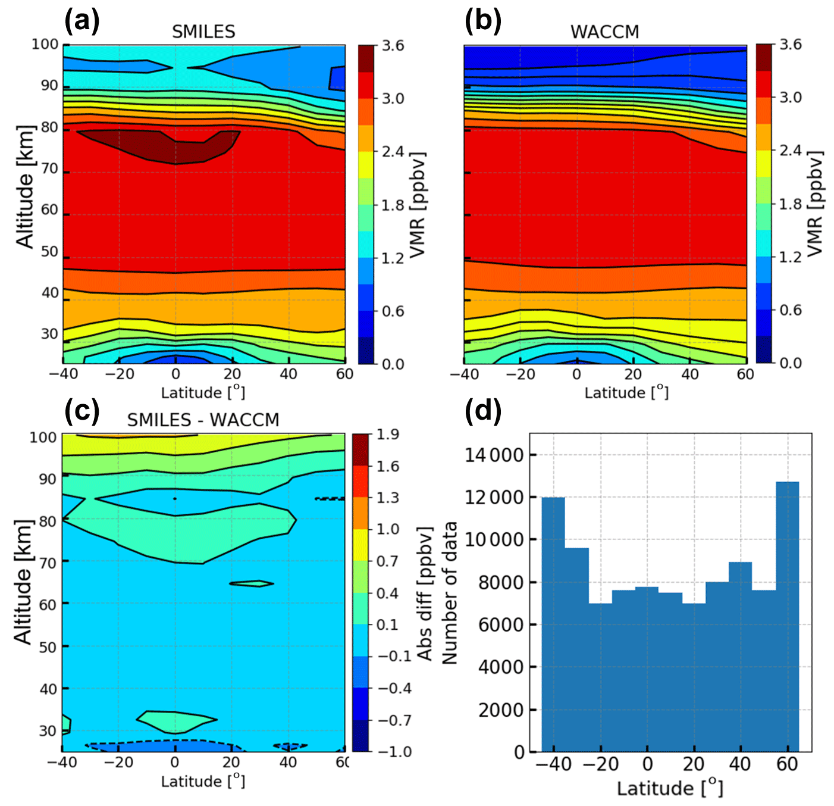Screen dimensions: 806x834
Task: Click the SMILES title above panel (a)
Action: (x=203, y=32)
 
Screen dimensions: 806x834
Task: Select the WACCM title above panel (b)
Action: (x=604, y=32)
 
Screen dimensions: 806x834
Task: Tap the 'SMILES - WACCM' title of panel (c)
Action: (x=203, y=420)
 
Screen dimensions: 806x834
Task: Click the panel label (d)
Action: (x=482, y=410)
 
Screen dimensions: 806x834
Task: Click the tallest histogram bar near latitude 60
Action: (x=787, y=616)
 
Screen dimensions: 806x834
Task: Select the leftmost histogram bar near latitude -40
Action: (x=553, y=625)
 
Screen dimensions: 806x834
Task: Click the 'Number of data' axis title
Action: (x=450, y=592)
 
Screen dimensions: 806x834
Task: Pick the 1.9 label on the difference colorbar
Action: (x=387, y=435)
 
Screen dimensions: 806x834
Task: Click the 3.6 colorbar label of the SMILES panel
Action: (x=393, y=46)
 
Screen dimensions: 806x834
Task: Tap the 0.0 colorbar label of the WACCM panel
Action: (x=791, y=363)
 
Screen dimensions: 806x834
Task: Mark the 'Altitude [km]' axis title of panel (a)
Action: (x=25, y=186)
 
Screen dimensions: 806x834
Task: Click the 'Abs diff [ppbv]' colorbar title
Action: (x=424, y=593)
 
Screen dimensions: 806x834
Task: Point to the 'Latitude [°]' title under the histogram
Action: (x=670, y=788)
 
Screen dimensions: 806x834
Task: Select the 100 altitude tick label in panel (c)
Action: (x=43, y=437)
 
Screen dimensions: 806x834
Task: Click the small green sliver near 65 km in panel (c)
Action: (x=252, y=583)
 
